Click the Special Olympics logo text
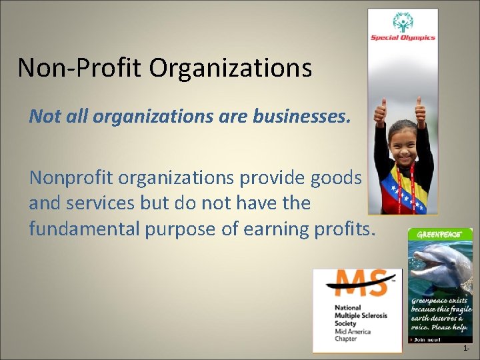coord(403,37)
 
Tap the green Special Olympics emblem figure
coord(403,22)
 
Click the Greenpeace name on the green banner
coord(439,235)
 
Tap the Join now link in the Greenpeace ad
coord(427,339)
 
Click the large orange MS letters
coord(356,283)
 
